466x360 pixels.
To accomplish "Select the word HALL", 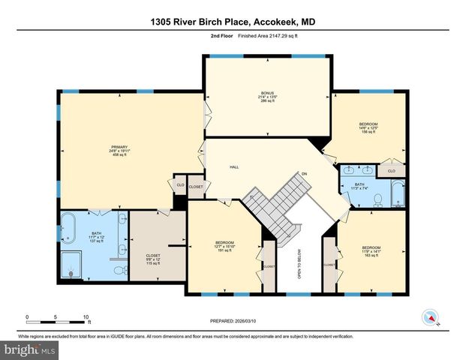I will click(x=233, y=167).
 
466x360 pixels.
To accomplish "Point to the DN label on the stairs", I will click(x=304, y=174).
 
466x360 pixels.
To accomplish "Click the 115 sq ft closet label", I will click(x=153, y=259).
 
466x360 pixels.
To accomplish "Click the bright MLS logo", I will click(x=29, y=349).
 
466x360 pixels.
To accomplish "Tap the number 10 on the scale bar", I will click(x=87, y=316).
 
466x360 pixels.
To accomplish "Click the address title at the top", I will click(x=233, y=23).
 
